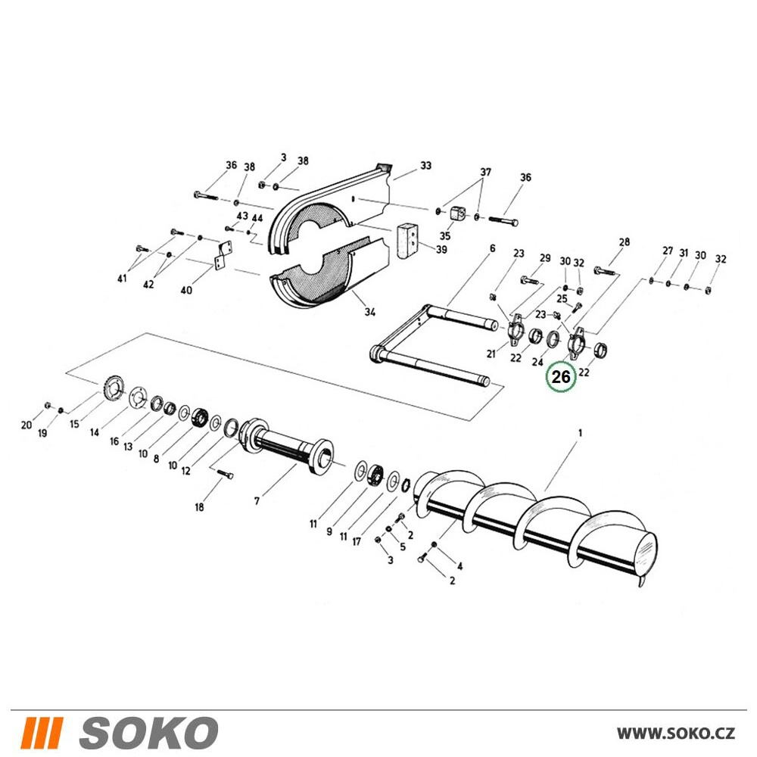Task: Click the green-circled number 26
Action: (x=560, y=376)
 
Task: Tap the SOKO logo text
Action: (x=148, y=733)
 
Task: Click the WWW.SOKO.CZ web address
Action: (x=676, y=734)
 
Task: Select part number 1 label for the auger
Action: (x=581, y=433)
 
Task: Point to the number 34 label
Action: (x=370, y=312)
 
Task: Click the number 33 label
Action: (x=425, y=166)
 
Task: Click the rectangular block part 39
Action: (x=407, y=242)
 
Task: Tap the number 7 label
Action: (x=257, y=502)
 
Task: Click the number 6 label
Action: (x=493, y=248)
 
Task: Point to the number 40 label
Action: (x=186, y=290)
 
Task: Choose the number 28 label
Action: (x=625, y=242)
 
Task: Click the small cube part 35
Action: (x=456, y=214)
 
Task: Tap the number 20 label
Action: (x=26, y=425)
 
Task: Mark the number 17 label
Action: (x=357, y=542)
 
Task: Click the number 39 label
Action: (x=441, y=250)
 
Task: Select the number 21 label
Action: (x=491, y=354)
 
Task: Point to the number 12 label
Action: (x=186, y=471)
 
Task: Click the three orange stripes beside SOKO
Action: (x=43, y=733)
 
